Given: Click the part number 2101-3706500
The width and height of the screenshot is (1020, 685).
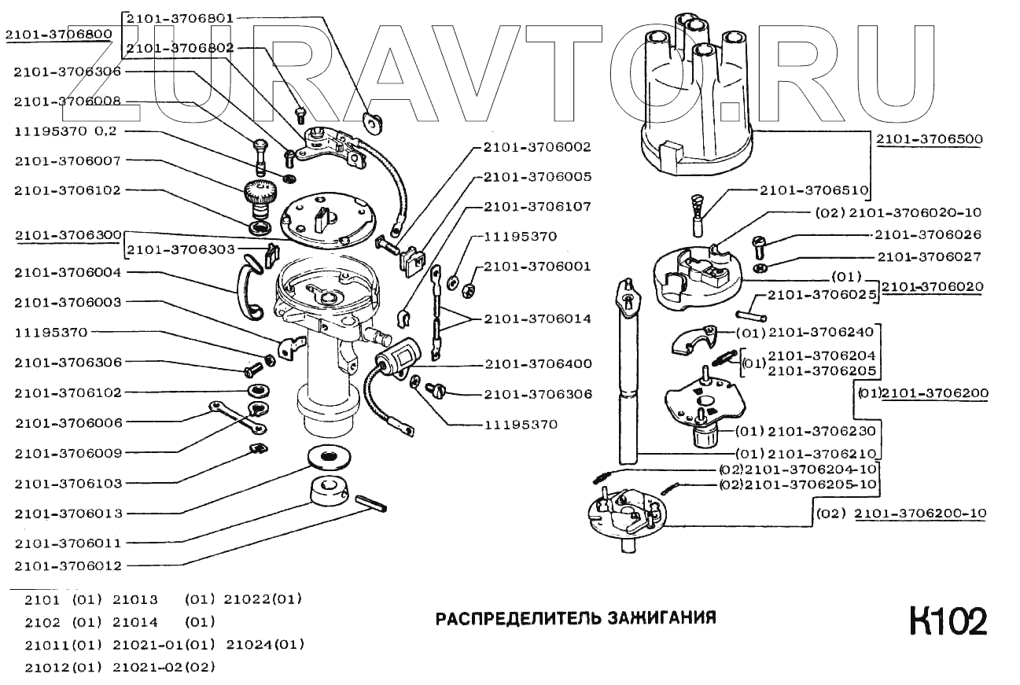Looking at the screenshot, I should point(930,139).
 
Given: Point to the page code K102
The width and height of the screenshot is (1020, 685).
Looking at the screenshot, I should point(947,621).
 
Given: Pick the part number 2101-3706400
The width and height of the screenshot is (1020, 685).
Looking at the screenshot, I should point(537,364).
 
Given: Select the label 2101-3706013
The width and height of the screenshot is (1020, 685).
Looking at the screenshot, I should point(68,514).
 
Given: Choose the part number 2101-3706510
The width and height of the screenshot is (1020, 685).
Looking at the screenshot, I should point(813,190).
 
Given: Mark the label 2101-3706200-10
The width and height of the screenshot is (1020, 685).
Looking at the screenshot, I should point(919,514).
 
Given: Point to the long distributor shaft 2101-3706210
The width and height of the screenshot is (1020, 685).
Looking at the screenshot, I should point(628,377).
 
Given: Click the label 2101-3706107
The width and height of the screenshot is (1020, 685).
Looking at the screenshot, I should point(537,207).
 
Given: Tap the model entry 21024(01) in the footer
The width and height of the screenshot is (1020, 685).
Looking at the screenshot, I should point(264,645).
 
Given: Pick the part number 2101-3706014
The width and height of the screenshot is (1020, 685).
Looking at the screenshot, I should point(537,319).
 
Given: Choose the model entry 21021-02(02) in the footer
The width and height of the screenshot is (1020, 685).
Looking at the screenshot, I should point(164,667).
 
